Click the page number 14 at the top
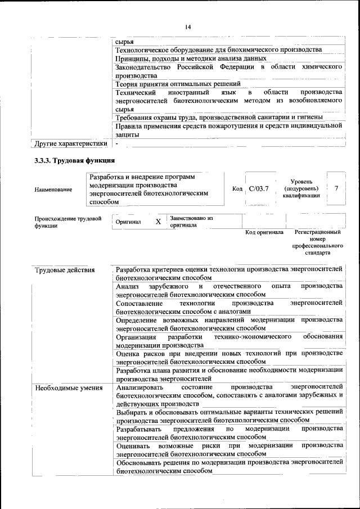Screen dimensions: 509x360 (x=188, y=26)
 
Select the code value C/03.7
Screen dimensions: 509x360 (x=259, y=189)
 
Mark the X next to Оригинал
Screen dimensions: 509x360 (x=158, y=222)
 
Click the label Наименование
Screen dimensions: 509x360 (x=53, y=190)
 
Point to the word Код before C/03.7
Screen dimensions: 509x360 (x=237, y=189)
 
